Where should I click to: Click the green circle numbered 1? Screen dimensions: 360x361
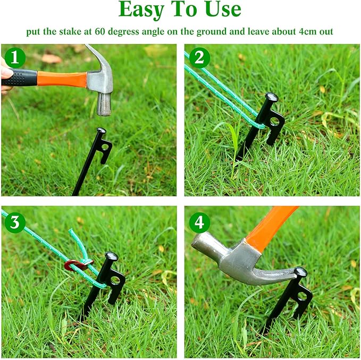15,57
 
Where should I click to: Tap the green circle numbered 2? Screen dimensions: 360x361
199,57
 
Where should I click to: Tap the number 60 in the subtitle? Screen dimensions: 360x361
100,31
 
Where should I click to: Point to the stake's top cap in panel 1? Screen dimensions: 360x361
100,131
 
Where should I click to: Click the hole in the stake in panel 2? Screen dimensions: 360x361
274,122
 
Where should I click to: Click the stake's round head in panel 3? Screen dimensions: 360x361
112,256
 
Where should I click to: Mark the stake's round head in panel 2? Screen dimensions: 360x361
272,97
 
